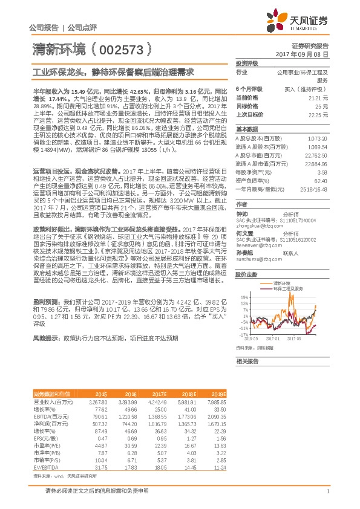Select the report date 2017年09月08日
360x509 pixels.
[309, 54]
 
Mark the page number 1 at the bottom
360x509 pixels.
[327, 491]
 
